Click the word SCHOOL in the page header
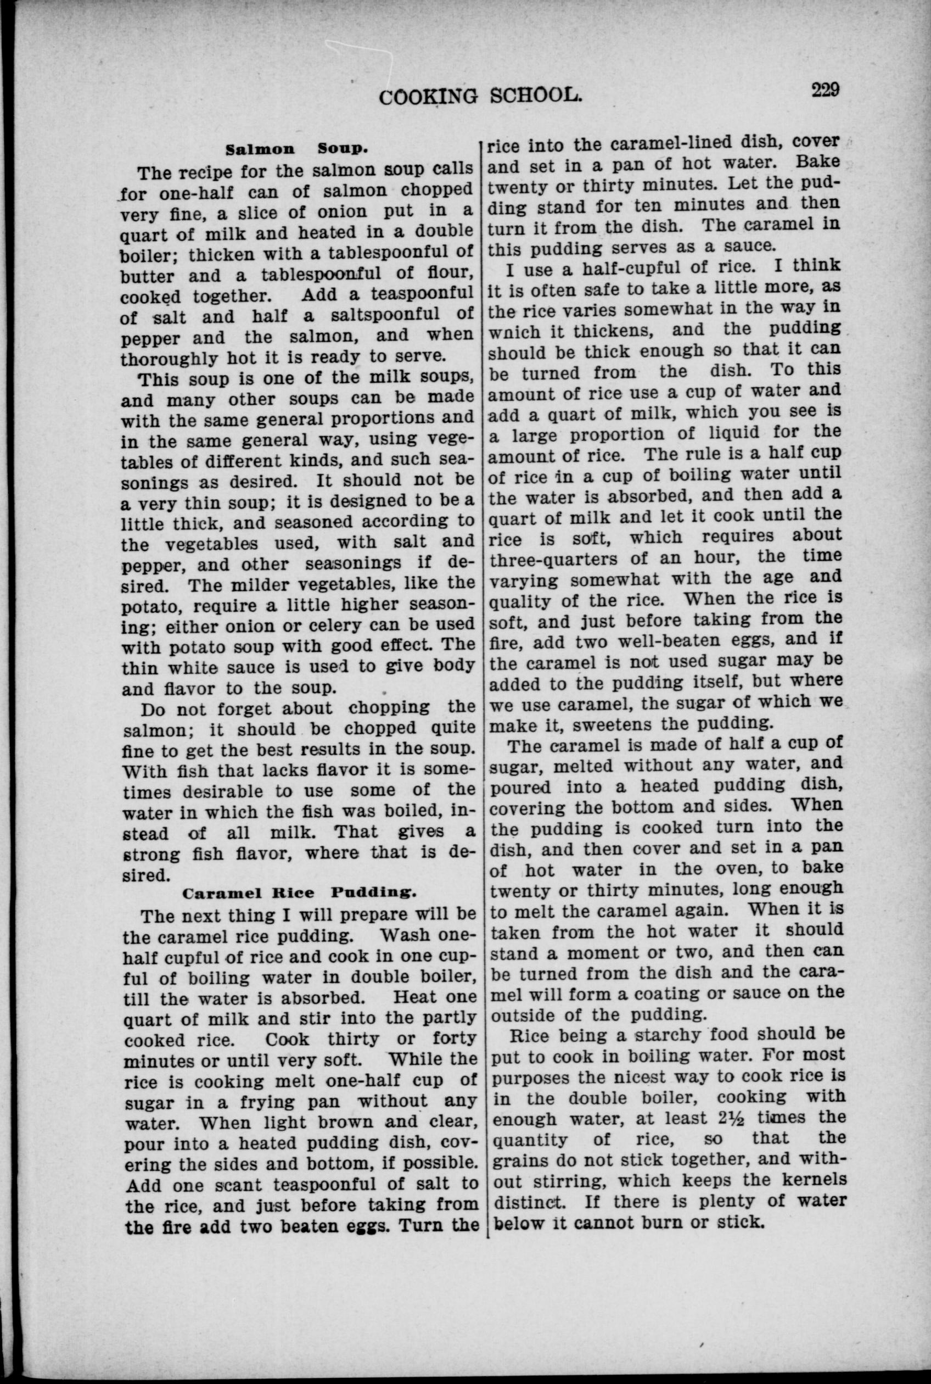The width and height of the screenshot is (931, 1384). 533,96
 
